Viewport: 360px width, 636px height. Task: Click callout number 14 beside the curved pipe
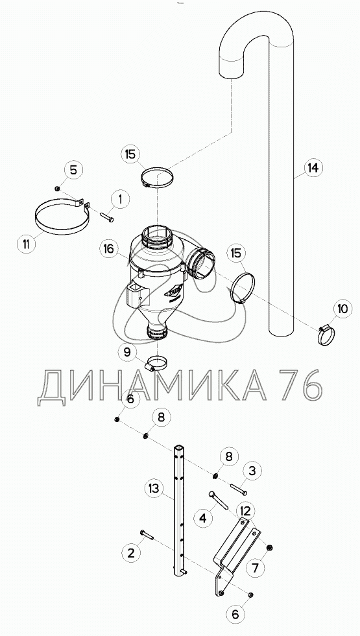tap(312, 167)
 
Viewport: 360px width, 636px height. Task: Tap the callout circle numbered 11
tap(25, 244)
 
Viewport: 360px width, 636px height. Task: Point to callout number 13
tap(154, 488)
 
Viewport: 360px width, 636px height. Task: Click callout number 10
tap(342, 309)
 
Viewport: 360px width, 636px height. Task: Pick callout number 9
tap(127, 351)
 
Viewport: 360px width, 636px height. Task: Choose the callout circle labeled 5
tap(73, 170)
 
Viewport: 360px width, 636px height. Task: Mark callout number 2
tap(130, 553)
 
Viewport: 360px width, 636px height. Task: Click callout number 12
tap(248, 510)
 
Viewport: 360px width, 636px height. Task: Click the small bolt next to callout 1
tap(106, 217)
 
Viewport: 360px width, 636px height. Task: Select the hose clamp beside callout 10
tap(326, 335)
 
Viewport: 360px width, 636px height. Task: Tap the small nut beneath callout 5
tap(58, 188)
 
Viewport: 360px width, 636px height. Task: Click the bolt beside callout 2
tap(147, 535)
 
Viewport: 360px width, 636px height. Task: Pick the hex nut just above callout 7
tap(269, 548)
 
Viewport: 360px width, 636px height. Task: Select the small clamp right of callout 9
tap(156, 362)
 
